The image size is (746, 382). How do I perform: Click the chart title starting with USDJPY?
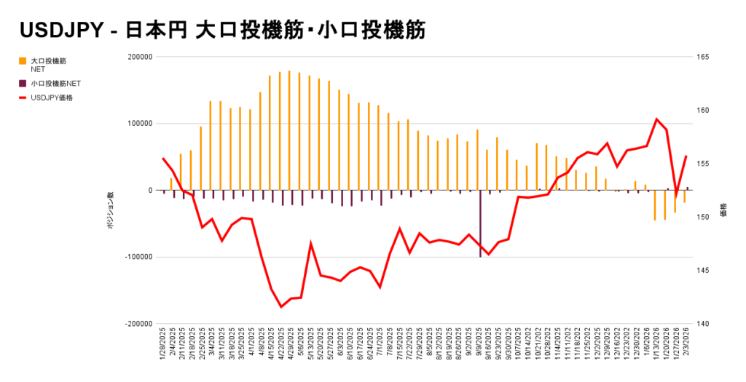tap(222, 31)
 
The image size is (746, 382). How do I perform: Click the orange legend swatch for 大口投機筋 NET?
tap(23, 60)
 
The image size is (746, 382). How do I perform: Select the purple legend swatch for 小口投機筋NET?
tap(23, 84)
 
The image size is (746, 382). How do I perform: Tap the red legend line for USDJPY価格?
tap(23, 98)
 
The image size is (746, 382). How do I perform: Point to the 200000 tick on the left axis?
tap(139, 57)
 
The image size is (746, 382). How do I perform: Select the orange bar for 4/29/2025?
tap(289, 130)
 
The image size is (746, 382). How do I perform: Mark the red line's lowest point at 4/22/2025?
tap(281, 306)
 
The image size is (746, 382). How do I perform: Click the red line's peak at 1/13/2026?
tap(656, 119)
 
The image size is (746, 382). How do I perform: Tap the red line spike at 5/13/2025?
tap(311, 244)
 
